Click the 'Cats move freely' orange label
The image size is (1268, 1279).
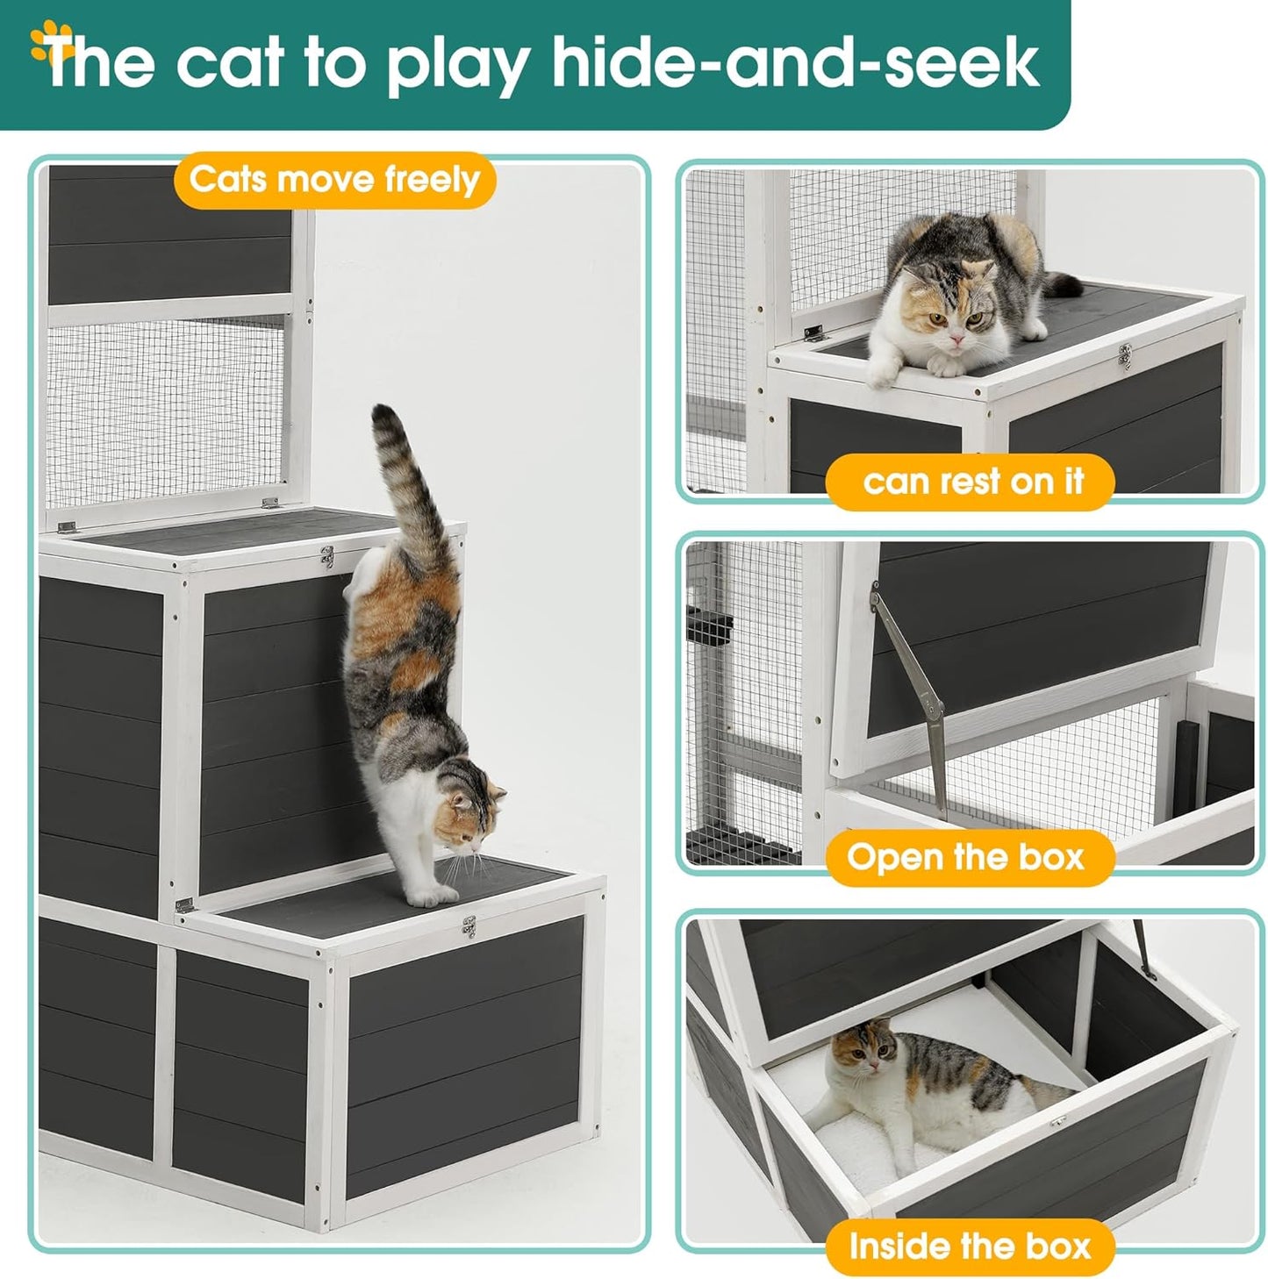(x=334, y=180)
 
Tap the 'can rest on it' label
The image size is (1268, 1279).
(x=971, y=482)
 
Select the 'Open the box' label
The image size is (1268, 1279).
(x=965, y=857)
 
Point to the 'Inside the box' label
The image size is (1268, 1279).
(x=969, y=1246)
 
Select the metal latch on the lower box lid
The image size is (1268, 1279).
(x=469, y=926)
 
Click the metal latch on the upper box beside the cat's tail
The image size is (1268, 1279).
(x=327, y=556)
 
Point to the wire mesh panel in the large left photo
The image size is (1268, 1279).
(x=167, y=412)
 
